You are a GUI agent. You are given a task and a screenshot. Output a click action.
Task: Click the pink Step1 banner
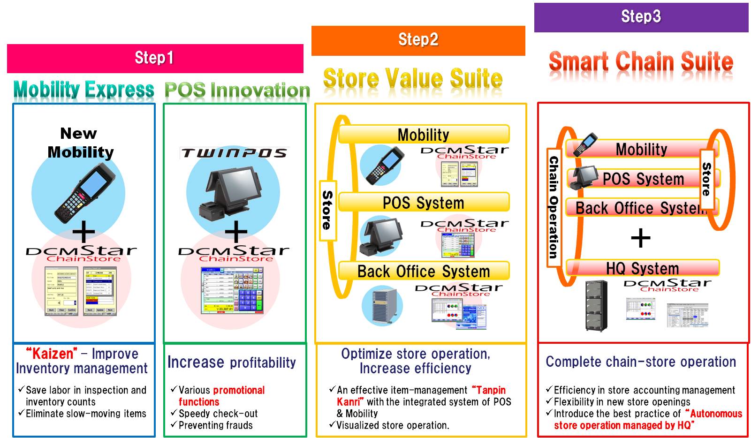coord(155,58)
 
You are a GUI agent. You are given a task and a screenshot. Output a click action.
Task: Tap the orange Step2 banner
coord(418,40)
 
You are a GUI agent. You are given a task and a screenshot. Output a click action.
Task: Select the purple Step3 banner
coord(641,17)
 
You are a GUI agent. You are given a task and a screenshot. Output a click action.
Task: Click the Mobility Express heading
coord(84,90)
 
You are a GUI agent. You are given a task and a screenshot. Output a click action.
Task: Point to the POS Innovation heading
coord(237,90)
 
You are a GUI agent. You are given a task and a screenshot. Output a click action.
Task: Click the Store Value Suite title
coord(413,78)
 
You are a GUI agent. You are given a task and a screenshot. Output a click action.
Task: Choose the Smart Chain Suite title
coord(641,62)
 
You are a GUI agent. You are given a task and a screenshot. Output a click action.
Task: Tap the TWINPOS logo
coord(234,153)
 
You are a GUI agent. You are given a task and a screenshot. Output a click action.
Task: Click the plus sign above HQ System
coord(640,238)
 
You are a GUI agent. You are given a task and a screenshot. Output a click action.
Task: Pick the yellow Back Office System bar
coord(424,271)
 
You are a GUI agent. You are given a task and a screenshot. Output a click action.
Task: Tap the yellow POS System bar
coord(424,203)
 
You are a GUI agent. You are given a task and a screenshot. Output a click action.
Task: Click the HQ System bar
coord(642,268)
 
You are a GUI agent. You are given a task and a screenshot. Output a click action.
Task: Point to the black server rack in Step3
coord(596,305)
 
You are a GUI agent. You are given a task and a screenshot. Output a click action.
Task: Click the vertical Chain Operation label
coord(554,207)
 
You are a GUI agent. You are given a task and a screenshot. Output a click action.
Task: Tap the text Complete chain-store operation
coord(641,362)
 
